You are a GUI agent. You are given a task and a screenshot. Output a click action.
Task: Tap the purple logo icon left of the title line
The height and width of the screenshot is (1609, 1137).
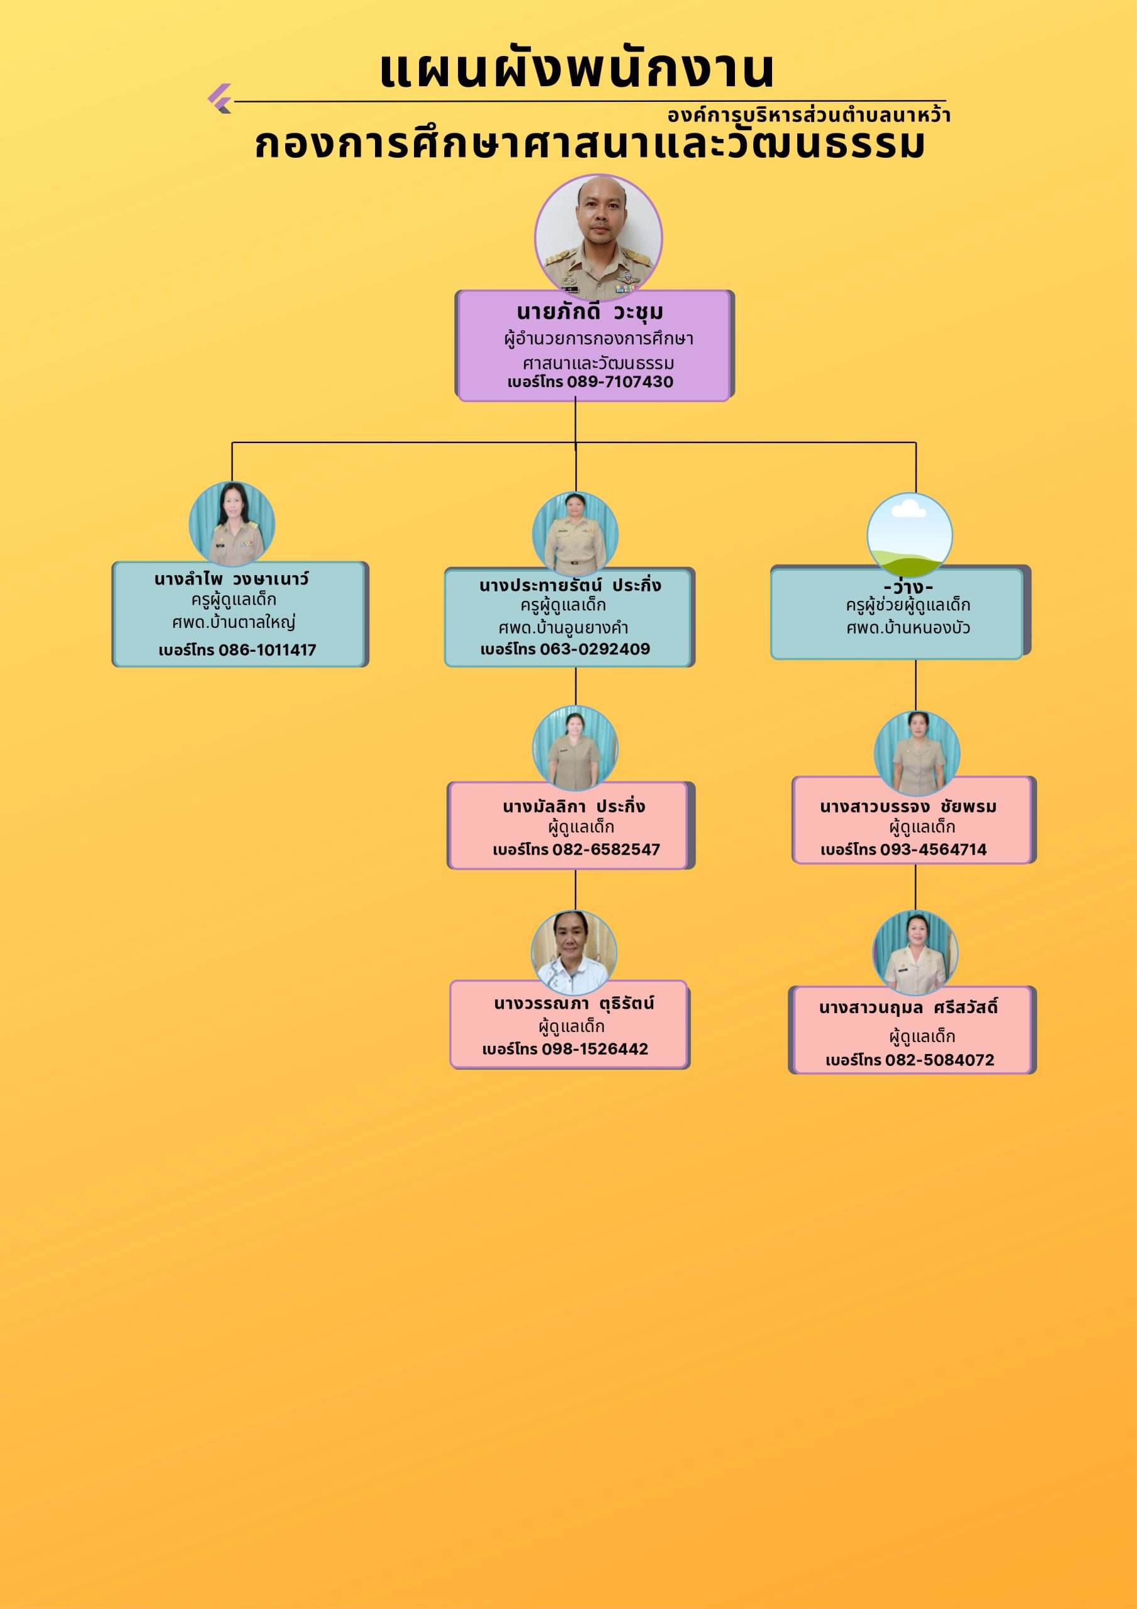pos(220,99)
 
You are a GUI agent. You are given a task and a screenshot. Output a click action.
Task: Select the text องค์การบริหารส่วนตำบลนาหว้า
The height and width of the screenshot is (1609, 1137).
pos(808,115)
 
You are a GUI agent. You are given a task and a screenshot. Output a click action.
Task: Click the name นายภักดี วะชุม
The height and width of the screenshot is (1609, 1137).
pos(590,312)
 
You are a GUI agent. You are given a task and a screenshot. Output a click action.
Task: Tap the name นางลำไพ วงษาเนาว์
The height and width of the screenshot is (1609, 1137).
pos(231,579)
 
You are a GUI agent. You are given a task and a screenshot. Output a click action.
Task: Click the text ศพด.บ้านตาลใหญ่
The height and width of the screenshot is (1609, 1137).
pos(234,622)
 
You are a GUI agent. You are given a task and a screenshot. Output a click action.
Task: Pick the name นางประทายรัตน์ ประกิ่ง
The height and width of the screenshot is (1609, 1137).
pos(570,586)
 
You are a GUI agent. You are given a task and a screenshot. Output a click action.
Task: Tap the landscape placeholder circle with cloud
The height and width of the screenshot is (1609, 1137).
pos(910,535)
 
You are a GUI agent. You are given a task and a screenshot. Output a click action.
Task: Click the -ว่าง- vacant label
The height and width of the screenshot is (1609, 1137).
pos(908,586)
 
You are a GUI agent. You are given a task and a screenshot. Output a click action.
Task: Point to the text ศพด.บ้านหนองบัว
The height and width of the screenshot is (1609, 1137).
pos(908,628)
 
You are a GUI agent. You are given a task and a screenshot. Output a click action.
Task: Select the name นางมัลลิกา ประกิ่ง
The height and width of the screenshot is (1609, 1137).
pos(574,806)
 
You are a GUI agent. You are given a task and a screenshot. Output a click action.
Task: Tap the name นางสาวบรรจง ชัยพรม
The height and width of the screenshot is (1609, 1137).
pos(908,806)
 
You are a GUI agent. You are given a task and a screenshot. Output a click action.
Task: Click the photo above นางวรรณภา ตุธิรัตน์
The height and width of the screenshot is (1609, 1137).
pos(574,952)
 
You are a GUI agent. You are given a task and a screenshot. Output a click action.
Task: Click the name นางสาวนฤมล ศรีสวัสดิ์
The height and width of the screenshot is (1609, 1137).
pos(908,1008)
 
